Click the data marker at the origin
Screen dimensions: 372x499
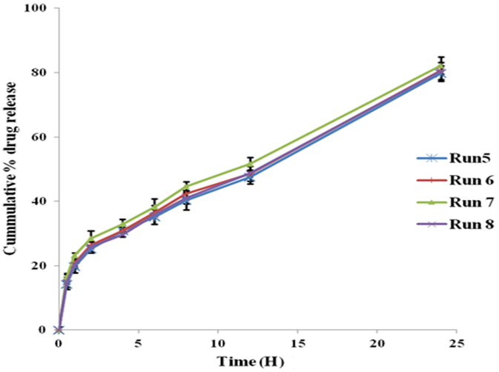pos(59,330)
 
